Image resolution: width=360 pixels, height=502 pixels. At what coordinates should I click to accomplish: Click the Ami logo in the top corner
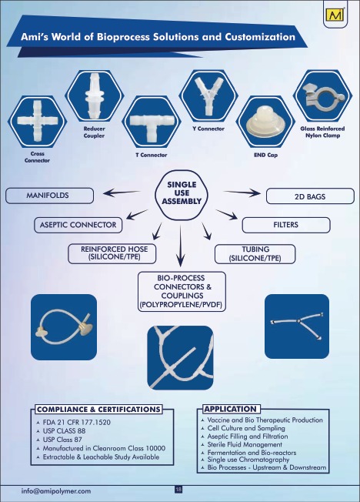coord(335,15)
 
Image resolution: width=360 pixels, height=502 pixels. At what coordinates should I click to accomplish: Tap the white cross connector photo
coord(38,121)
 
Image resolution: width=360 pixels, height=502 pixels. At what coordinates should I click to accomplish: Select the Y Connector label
coord(208,129)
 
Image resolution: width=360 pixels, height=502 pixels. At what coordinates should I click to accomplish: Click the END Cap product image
coord(265,124)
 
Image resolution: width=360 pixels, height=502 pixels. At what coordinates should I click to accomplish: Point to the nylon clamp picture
coord(322,96)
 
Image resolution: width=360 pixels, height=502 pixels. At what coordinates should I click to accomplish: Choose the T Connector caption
coord(151,155)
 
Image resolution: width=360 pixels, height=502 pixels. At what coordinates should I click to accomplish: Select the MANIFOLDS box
coord(49,196)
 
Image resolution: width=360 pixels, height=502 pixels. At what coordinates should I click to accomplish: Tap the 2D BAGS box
coord(310,196)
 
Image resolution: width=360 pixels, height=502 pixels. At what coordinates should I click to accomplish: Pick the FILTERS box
coord(285,225)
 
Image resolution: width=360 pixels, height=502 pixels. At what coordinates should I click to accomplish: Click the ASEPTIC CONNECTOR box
coord(78,225)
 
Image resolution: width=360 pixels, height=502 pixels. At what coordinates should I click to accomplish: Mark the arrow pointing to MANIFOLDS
coord(122,192)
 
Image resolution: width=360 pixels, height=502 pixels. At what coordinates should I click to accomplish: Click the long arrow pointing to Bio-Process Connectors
coord(181,246)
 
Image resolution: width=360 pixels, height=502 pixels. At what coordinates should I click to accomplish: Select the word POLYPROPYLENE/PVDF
coord(181,304)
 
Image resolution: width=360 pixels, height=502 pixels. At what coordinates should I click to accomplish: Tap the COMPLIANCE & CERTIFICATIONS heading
coord(98,409)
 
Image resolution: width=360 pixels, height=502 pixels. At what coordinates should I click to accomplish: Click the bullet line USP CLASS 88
coord(64,431)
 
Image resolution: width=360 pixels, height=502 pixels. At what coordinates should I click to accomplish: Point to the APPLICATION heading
coord(231,409)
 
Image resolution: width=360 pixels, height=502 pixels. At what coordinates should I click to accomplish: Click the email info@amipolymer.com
coord(56,491)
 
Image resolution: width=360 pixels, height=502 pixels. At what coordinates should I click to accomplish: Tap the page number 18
coord(178,490)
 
